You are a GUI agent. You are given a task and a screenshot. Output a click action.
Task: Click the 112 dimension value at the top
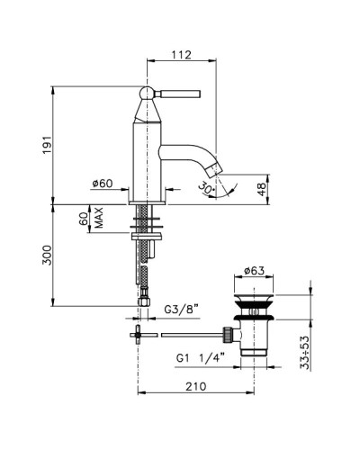181,55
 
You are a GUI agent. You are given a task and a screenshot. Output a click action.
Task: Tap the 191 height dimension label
47,145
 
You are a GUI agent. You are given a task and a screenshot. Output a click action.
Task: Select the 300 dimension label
47,255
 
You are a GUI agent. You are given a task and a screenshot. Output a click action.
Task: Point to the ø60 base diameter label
103,184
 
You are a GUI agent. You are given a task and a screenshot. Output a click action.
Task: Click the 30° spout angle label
206,188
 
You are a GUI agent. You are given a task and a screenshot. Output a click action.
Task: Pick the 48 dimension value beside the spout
262,190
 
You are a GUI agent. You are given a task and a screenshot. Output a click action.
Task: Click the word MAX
99,218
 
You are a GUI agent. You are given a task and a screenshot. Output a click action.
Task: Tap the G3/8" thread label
182,309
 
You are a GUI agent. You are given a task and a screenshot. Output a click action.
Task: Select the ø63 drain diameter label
254,271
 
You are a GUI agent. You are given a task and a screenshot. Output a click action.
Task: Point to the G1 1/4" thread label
201,358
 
